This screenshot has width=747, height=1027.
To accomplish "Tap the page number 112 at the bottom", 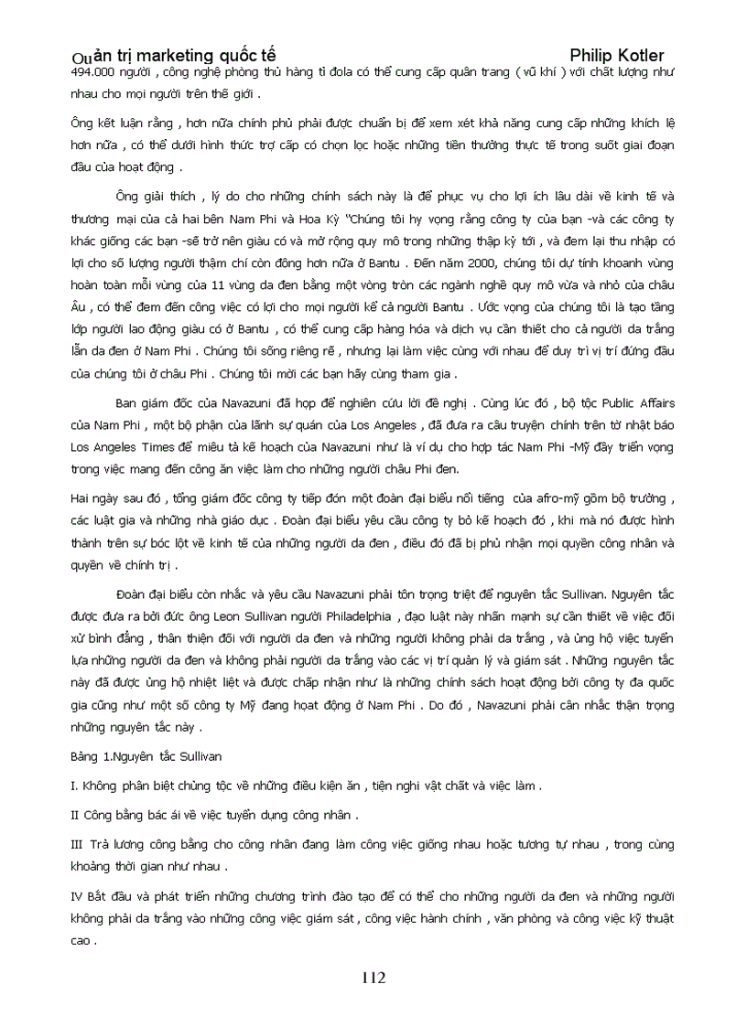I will pos(373,978).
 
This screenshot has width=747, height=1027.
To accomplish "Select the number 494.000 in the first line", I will pos(90,72).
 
